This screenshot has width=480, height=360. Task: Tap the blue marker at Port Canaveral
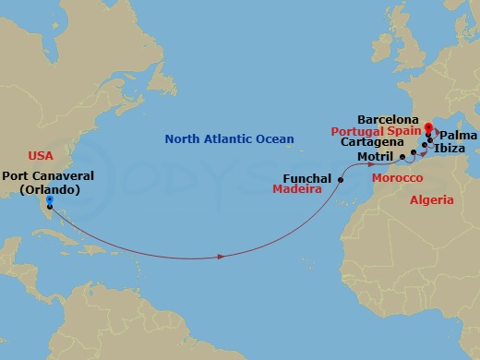coord(49,199)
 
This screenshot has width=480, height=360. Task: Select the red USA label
coord(42,156)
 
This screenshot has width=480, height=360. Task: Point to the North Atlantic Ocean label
coord(229,139)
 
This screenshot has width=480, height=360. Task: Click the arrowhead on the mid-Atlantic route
coord(221,256)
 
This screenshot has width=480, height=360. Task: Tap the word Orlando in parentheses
coord(49,189)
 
